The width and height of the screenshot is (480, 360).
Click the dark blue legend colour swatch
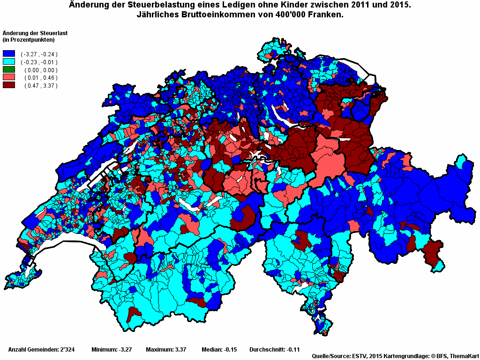[x=9, y=54]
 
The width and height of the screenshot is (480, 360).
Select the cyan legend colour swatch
[x=9, y=62]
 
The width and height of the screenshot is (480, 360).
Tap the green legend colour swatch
[x=9, y=70]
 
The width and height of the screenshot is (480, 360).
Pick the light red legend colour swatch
[x=9, y=77]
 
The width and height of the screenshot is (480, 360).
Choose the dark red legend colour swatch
[x=9, y=85]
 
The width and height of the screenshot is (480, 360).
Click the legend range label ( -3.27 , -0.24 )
[x=39, y=54]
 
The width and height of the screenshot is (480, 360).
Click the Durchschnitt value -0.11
[x=292, y=350]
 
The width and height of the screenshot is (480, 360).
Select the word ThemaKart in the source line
[x=464, y=356]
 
